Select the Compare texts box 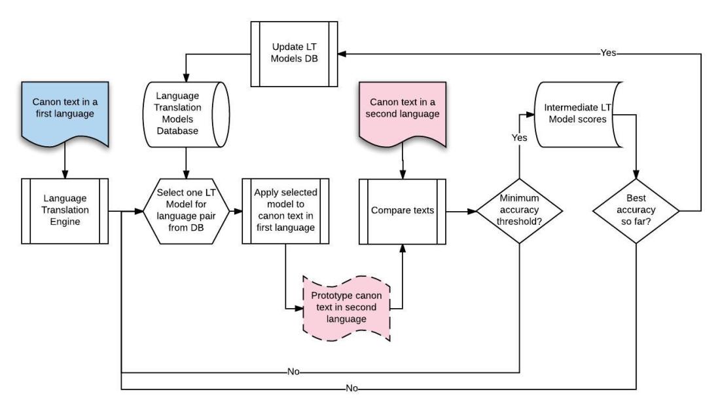[402, 211]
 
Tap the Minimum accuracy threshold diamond [518, 211]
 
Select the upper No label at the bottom [293, 371]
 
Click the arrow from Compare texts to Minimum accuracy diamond [461, 211]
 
